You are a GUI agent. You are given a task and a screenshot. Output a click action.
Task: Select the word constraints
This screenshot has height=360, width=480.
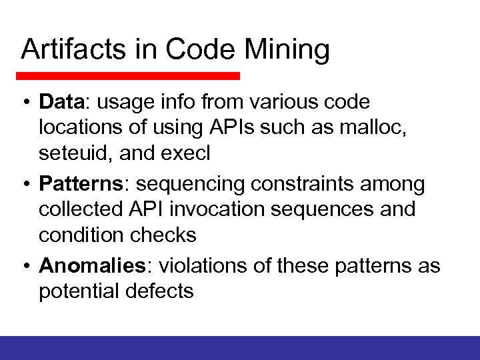(296, 183)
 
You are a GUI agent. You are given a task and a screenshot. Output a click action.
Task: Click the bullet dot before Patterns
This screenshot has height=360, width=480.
(25, 183)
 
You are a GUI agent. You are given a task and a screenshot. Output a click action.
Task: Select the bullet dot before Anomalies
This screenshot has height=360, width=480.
(25, 266)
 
